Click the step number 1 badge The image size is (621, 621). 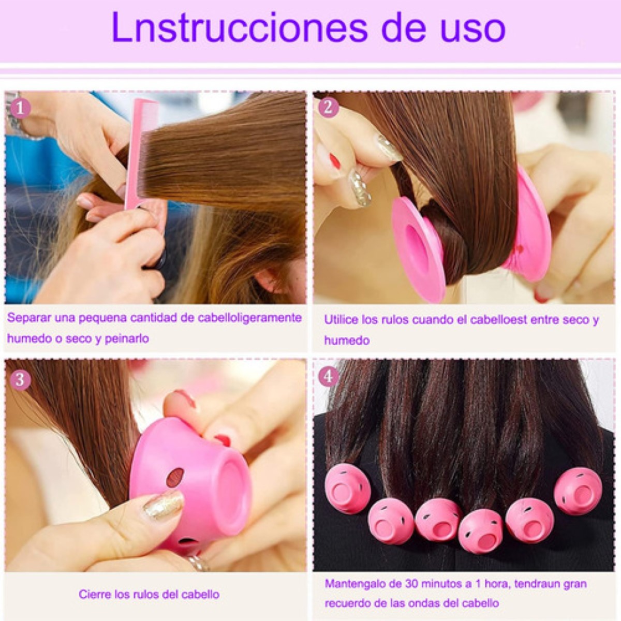(x=20, y=108)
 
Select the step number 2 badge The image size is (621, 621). (x=328, y=107)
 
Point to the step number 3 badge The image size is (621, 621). (x=20, y=379)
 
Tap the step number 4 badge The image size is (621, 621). (x=328, y=377)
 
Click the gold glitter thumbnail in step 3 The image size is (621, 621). (x=164, y=505)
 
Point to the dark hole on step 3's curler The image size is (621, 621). (x=175, y=477)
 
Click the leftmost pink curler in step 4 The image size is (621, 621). (x=348, y=489)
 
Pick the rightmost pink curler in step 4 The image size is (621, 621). (x=578, y=491)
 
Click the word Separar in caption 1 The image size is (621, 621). (x=26, y=318)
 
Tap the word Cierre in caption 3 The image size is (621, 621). (x=94, y=594)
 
